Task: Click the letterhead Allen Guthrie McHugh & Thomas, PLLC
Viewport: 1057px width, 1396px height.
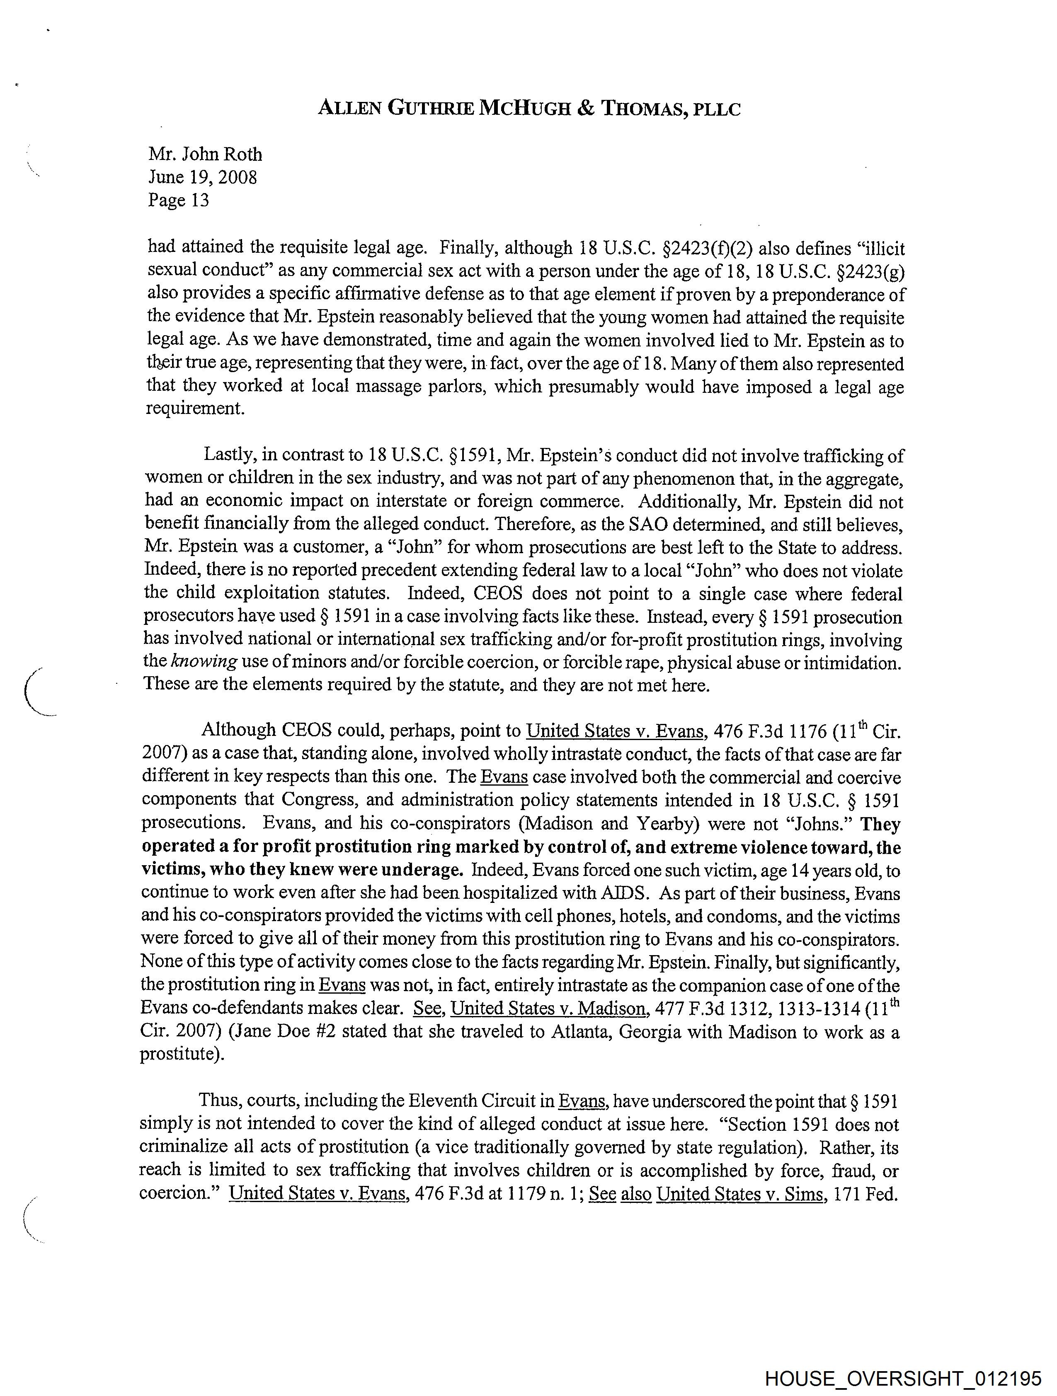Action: [528, 109]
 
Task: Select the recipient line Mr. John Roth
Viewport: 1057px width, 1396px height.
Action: [205, 155]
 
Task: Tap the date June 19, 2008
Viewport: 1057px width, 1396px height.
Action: [203, 177]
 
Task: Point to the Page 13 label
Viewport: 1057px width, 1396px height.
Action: [178, 200]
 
